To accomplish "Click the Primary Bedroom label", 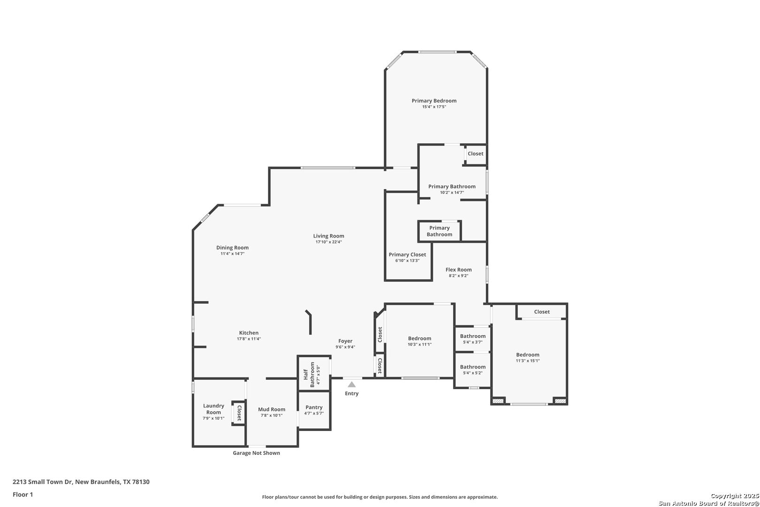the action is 434,100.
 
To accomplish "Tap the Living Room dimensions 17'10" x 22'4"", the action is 328,242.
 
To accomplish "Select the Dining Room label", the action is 232,247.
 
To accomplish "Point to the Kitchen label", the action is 249,333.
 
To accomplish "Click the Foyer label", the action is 345,341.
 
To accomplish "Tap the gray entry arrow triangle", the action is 351,384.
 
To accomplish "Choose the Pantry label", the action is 314,407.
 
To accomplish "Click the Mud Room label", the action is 272,409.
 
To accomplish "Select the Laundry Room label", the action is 213,409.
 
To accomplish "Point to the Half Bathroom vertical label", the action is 309,375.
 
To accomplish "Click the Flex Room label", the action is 458,269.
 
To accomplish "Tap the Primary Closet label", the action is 407,255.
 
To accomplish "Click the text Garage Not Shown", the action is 256,453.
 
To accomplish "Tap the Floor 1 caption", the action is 23,494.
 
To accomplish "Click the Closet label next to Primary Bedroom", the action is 475,154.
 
